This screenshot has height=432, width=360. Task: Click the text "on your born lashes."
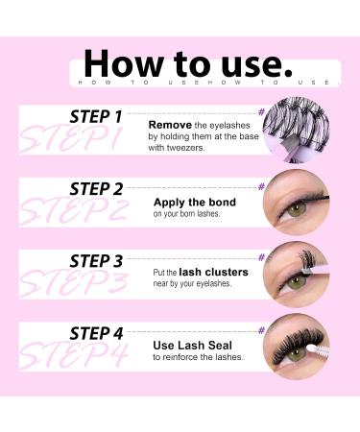point(187,215)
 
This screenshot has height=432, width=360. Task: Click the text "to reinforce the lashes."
point(198,358)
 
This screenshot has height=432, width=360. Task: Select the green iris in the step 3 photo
point(291,284)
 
